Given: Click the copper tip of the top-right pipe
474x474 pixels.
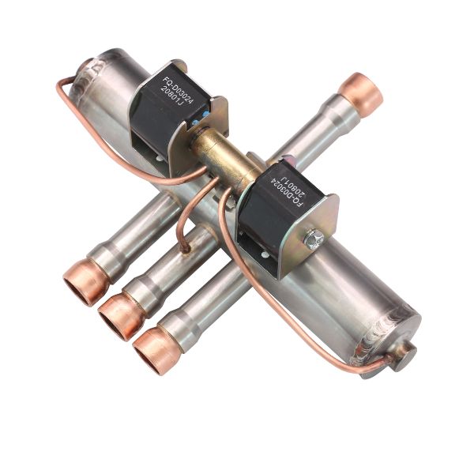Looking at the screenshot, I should pos(361,92).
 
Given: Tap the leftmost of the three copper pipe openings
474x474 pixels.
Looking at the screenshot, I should pos(81,287).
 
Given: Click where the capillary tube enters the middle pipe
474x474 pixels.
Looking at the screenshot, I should pos(185,247).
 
